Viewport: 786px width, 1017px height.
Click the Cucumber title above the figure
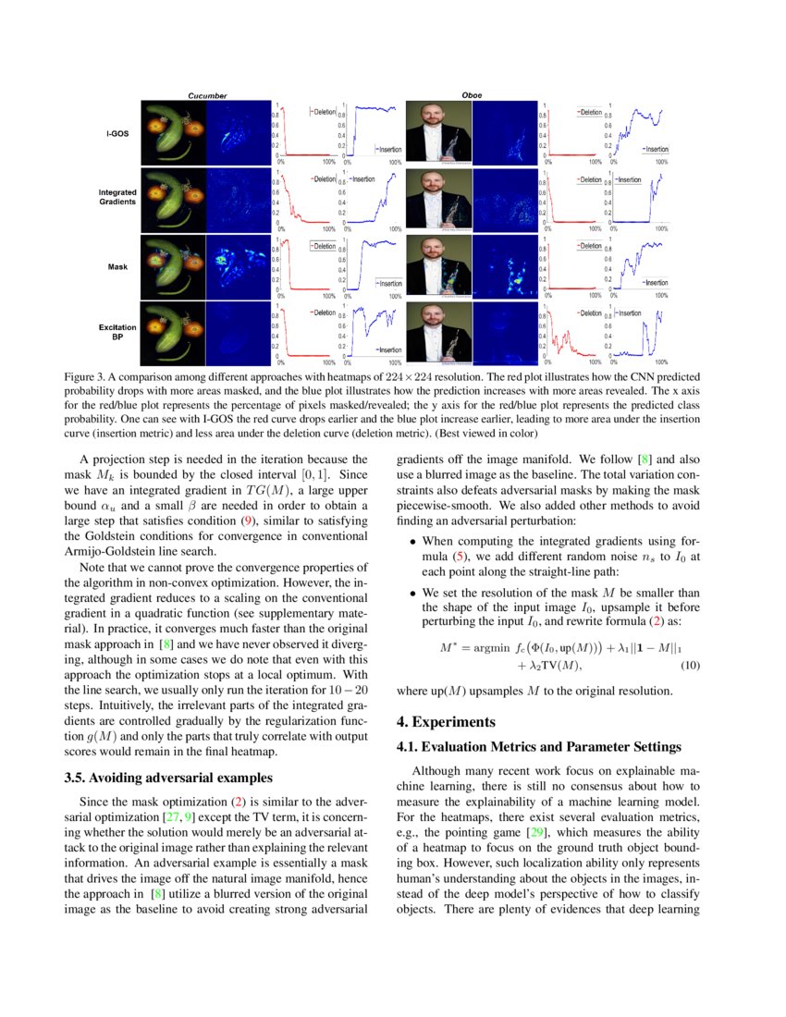(x=207, y=95)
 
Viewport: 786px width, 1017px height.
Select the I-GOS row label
(x=117, y=133)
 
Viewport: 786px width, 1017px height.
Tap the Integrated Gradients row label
(x=117, y=197)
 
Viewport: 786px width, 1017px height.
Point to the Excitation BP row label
(x=117, y=332)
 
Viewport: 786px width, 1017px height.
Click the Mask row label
(x=117, y=266)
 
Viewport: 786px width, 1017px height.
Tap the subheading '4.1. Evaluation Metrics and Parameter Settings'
(x=538, y=746)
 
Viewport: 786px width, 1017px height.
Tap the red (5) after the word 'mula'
(x=468, y=558)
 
